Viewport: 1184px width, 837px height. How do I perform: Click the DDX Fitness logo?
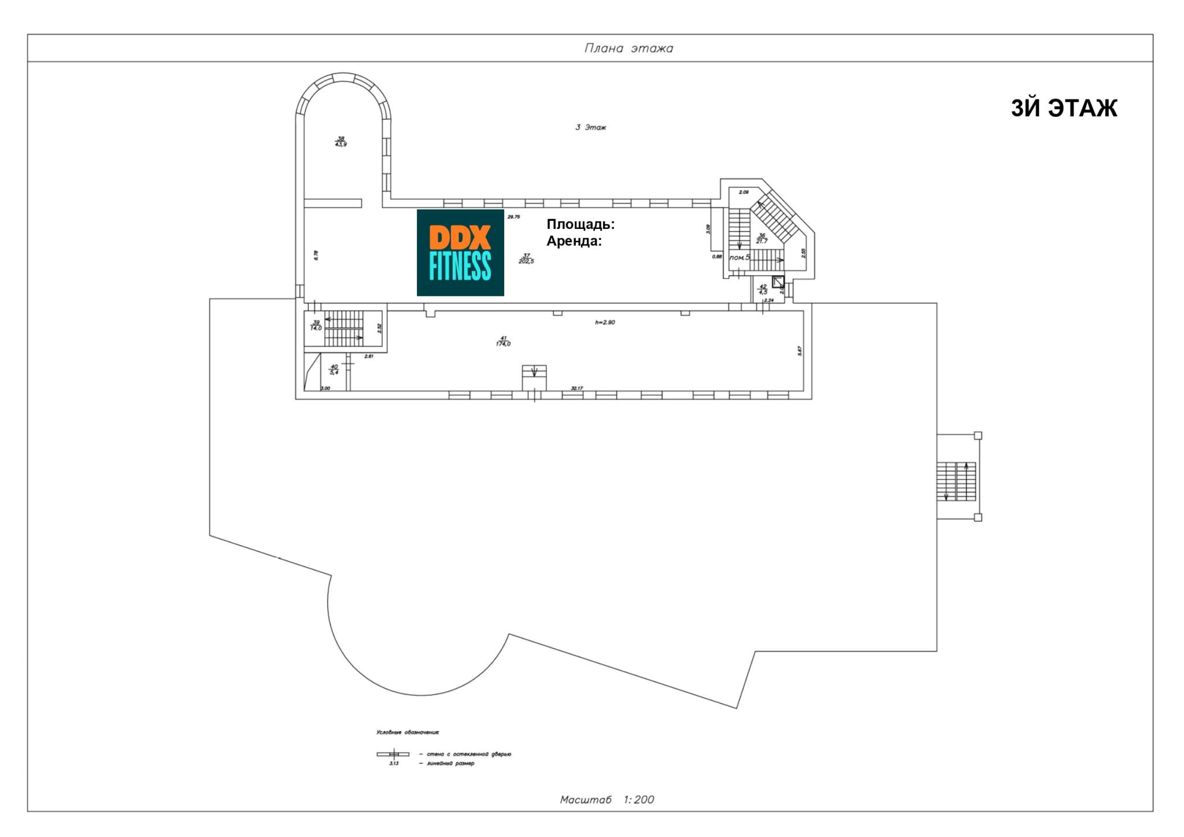pyautogui.click(x=460, y=253)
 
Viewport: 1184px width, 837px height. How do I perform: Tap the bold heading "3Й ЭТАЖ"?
pyautogui.click(x=1063, y=108)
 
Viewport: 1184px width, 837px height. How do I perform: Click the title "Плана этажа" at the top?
pyautogui.click(x=628, y=48)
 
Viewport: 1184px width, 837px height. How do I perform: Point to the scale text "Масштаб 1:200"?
pyautogui.click(x=606, y=799)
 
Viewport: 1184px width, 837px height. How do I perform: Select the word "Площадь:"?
pyautogui.click(x=580, y=224)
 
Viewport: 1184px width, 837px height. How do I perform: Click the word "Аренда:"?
pyautogui.click(x=574, y=241)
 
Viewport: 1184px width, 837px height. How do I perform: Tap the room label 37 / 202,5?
pyautogui.click(x=526, y=258)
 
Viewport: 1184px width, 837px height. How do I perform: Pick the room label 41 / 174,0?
pyautogui.click(x=503, y=341)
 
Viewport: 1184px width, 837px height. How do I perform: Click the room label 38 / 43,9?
pyautogui.click(x=341, y=141)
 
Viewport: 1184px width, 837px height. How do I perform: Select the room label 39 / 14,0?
pyautogui.click(x=316, y=325)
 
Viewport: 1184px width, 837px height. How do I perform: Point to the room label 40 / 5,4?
pyautogui.click(x=334, y=369)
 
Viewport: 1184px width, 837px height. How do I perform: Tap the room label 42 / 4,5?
pyautogui.click(x=763, y=289)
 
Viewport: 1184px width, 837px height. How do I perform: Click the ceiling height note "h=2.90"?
pyautogui.click(x=605, y=322)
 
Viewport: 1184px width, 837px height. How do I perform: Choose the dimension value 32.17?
pyautogui.click(x=576, y=388)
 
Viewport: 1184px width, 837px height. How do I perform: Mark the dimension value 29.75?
pyautogui.click(x=513, y=217)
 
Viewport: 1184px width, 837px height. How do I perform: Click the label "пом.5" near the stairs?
pyautogui.click(x=739, y=257)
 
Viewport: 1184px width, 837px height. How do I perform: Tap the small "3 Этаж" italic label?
pyautogui.click(x=590, y=127)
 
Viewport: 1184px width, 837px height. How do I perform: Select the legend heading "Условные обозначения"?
pyautogui.click(x=408, y=732)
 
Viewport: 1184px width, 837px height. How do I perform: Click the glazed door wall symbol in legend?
pyautogui.click(x=393, y=754)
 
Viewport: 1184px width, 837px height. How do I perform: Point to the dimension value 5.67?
pyautogui.click(x=800, y=350)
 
